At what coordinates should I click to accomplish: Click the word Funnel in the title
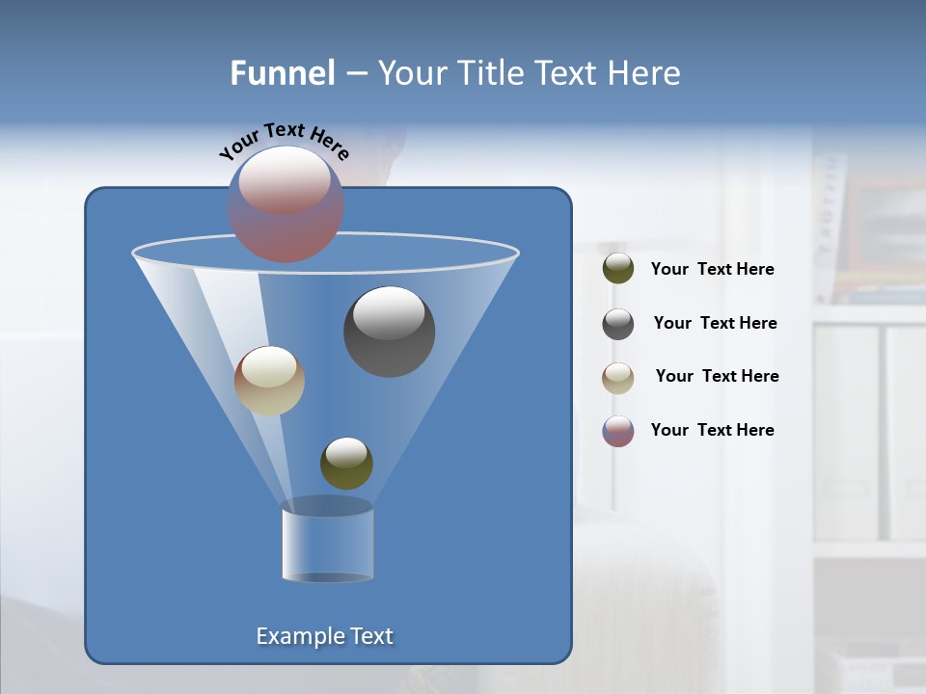[282, 73]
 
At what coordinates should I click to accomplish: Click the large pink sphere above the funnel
[286, 204]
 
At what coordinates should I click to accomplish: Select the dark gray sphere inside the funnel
[390, 332]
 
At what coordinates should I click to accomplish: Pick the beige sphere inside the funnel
[269, 381]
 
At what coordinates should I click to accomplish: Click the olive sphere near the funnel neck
[346, 463]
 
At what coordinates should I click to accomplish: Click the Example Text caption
[325, 636]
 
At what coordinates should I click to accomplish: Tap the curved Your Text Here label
[284, 141]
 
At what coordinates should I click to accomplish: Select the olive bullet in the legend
[618, 268]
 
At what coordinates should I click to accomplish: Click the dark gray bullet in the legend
[618, 324]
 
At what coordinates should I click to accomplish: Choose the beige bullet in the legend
[618, 378]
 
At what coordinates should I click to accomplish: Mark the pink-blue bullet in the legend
[618, 431]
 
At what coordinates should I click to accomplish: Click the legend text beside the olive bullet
[712, 270]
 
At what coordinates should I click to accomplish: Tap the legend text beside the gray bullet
[715, 324]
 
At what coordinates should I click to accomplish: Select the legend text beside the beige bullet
[717, 377]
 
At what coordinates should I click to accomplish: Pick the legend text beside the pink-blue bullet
[712, 430]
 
